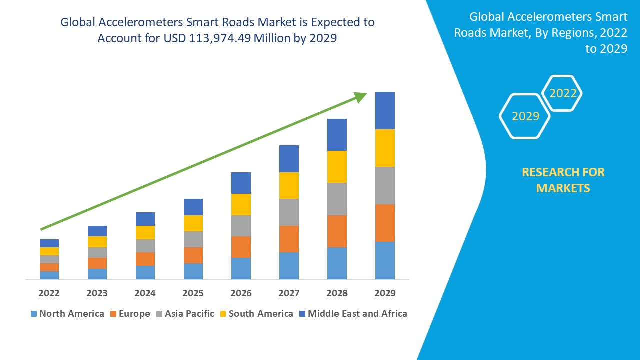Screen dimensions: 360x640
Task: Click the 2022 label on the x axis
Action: pyautogui.click(x=49, y=293)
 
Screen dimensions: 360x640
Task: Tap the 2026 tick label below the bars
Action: pyautogui.click(x=241, y=293)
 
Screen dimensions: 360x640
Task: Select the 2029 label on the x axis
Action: pyautogui.click(x=385, y=293)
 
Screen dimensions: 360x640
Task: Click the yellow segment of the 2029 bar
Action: pyautogui.click(x=385, y=148)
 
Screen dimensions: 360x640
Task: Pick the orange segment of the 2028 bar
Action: pyautogui.click(x=337, y=231)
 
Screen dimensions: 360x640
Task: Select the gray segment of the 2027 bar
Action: pyautogui.click(x=289, y=212)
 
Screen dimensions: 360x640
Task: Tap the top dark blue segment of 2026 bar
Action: pyautogui.click(x=241, y=183)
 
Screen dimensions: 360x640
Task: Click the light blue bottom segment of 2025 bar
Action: pyautogui.click(x=193, y=271)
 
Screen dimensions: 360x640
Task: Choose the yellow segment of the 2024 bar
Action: pyautogui.click(x=145, y=232)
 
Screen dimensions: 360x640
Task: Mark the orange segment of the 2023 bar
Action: pyautogui.click(x=97, y=263)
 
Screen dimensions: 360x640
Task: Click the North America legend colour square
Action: pyautogui.click(x=34, y=314)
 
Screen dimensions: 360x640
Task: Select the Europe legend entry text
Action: pyautogui.click(x=134, y=314)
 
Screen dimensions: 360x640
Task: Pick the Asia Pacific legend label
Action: pyautogui.click(x=189, y=314)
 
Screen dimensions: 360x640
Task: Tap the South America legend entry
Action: pyautogui.click(x=261, y=314)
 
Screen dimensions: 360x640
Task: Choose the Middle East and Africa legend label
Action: pyautogui.click(x=357, y=314)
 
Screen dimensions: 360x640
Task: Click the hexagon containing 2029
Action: pyautogui.click(x=525, y=116)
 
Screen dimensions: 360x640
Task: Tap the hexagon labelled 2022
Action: pyautogui.click(x=562, y=93)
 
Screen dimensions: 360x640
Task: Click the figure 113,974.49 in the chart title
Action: pyautogui.click(x=220, y=38)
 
